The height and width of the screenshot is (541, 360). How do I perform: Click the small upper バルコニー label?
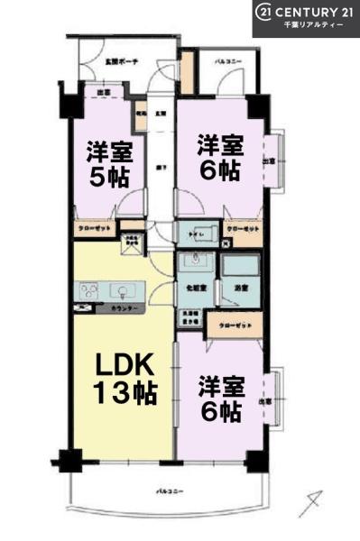click(226, 63)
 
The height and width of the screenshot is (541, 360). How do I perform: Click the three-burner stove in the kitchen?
click(90, 290)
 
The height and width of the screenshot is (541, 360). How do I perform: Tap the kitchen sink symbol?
click(121, 290)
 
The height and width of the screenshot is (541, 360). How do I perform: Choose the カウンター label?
click(125, 309)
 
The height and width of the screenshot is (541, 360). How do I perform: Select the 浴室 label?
click(241, 288)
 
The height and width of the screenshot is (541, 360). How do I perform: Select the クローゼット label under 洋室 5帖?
click(94, 229)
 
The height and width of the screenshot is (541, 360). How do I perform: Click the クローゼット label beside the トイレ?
click(243, 229)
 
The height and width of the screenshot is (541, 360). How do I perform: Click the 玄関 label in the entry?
click(160, 114)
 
